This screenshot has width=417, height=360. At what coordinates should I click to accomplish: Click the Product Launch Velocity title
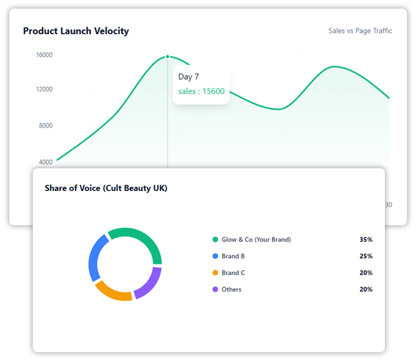[76, 31]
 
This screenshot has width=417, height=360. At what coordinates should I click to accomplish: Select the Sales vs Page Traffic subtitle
[360, 31]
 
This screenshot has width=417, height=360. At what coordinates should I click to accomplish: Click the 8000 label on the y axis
[45, 125]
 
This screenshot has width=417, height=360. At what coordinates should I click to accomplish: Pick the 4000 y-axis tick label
[45, 162]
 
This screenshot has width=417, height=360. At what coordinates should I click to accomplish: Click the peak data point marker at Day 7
[168, 56]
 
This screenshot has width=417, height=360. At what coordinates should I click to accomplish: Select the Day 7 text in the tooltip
[188, 76]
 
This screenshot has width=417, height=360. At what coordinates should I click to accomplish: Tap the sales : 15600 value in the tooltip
[201, 91]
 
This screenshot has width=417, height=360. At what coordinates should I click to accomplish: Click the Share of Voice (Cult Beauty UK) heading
[106, 188]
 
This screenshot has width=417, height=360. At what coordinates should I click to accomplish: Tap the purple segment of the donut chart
[150, 283]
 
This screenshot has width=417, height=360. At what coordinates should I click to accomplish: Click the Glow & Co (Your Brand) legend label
[256, 240]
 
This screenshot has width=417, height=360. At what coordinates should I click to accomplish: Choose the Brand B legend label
[233, 256]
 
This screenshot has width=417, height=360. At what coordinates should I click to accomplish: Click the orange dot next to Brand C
[215, 273]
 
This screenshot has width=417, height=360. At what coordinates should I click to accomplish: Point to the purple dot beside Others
[215, 289]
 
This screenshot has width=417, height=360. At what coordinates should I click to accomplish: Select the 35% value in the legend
[366, 240]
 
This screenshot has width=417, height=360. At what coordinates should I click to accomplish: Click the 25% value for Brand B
[366, 256]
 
